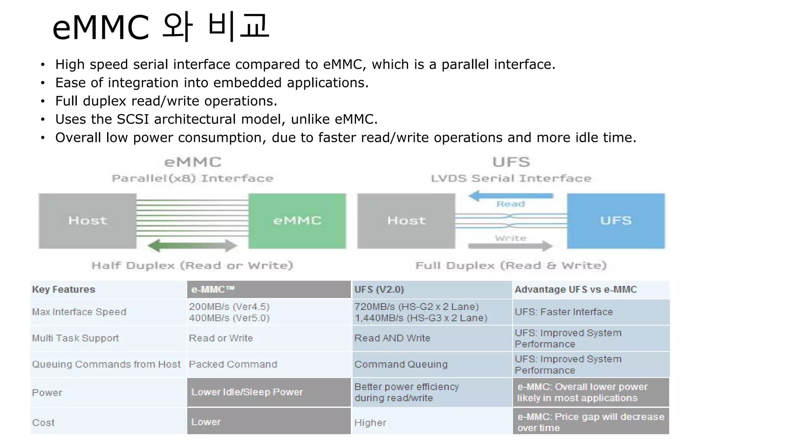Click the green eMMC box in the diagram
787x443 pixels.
point(297,221)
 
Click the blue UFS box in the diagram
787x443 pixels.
point(616,221)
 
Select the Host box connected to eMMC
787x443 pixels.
point(88,221)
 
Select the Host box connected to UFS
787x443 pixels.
point(406,221)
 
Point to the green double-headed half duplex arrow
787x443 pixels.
point(192,246)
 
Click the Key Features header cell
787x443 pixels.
point(64,290)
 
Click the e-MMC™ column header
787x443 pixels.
point(213,290)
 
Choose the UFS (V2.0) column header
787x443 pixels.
point(379,290)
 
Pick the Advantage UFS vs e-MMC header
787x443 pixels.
point(576,290)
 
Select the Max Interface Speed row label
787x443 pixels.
point(79,312)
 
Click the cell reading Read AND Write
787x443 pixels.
point(392,338)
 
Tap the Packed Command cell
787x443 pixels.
point(233,364)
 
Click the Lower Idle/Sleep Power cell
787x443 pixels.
point(247,392)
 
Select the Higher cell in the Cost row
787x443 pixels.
point(370,423)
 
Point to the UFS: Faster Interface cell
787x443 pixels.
point(564,312)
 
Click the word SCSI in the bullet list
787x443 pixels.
point(133,119)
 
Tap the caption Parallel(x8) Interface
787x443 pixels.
point(193,178)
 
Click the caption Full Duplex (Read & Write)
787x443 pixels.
point(511,266)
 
